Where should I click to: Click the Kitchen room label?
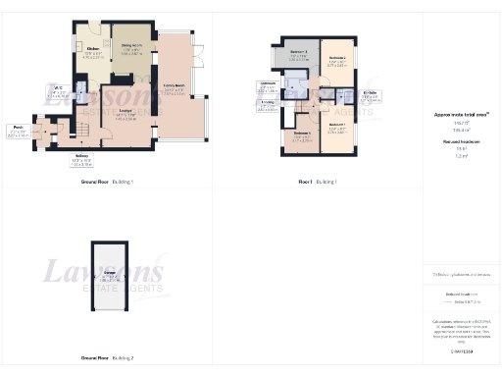click(x=94, y=52)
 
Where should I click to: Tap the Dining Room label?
click(x=131, y=48)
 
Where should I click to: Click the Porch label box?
click(x=18, y=130)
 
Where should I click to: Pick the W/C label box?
click(x=59, y=93)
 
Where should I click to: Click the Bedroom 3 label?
click(x=299, y=56)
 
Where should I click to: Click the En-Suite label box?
click(x=370, y=95)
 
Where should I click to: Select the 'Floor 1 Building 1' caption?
click(x=320, y=183)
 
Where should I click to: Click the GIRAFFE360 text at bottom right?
click(x=460, y=350)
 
